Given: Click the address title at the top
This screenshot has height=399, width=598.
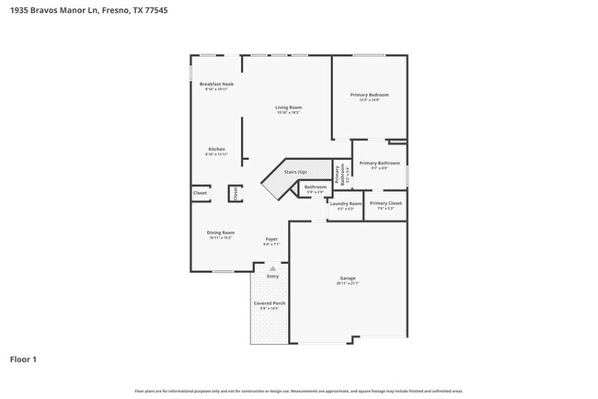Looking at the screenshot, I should tap(81, 11).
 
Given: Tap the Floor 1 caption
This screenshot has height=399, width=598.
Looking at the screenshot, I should tap(23, 359).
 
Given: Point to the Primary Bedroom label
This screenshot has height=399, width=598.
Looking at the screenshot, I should tap(369, 96).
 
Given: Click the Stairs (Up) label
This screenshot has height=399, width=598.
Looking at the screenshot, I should tap(295, 171).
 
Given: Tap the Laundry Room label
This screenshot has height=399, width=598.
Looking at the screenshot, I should tap(346, 205).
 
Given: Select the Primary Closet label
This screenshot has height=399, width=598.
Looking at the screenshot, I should tap(385, 205).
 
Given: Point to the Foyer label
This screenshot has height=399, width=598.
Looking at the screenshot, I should tap(270, 241).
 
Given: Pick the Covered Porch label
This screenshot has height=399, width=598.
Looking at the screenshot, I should tap(270, 304).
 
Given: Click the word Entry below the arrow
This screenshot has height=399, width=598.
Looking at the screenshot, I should tap(272, 276).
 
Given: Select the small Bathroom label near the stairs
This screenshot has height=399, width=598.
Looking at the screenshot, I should tap(316, 188).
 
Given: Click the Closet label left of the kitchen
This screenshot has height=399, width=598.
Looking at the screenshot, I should tap(200, 193).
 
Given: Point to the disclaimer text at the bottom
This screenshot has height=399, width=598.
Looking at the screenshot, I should tap(299, 391).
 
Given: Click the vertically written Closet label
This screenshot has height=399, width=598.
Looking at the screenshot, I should tap(235, 193).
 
